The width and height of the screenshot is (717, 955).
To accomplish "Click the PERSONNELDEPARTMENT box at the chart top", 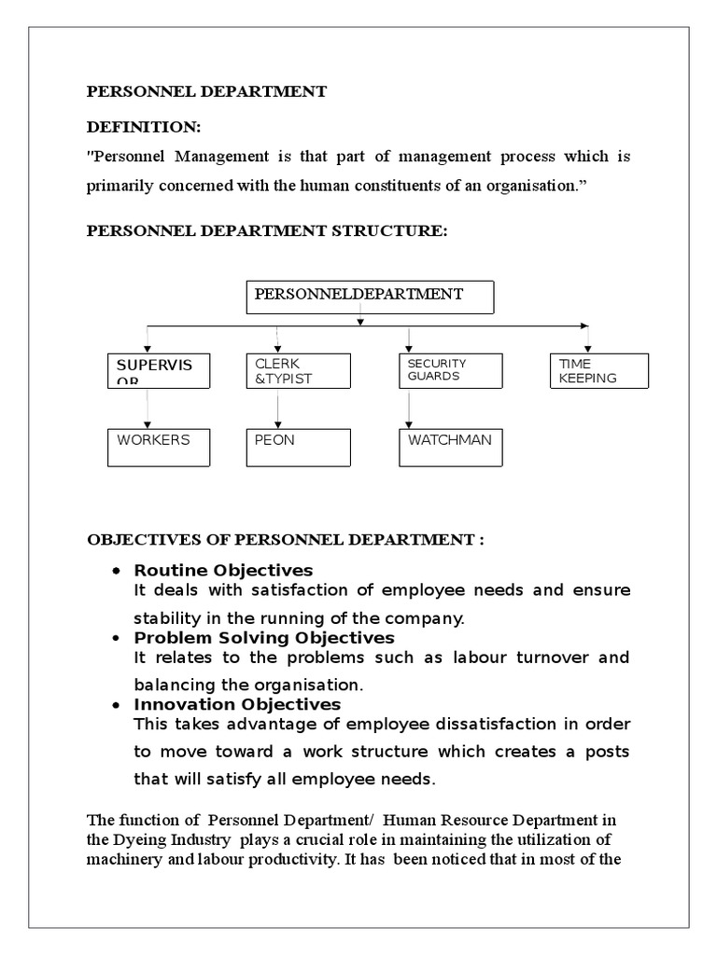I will pyautogui.click(x=370, y=298).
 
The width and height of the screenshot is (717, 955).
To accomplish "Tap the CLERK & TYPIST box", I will pyautogui.click(x=299, y=370).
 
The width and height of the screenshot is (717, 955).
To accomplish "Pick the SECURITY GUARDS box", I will pyautogui.click(x=451, y=370).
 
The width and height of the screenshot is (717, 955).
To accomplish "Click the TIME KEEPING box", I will pyautogui.click(x=598, y=370).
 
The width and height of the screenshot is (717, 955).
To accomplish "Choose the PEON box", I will pyautogui.click(x=299, y=447).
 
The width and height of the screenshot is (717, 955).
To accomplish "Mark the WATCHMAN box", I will pyautogui.click(x=451, y=447).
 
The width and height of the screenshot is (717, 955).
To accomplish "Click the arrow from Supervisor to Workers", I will pyautogui.click(x=148, y=408).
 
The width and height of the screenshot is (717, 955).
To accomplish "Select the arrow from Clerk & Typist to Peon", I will pyautogui.click(x=277, y=408).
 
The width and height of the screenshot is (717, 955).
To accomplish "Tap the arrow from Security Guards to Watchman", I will pyautogui.click(x=409, y=408).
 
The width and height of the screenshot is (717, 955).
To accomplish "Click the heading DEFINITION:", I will pyautogui.click(x=144, y=127).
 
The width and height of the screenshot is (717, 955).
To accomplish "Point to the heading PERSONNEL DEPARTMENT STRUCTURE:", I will pyautogui.click(x=267, y=230).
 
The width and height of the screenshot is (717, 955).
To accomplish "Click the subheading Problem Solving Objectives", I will pyautogui.click(x=264, y=638).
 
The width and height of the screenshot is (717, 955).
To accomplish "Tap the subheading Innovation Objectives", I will pyautogui.click(x=237, y=704).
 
